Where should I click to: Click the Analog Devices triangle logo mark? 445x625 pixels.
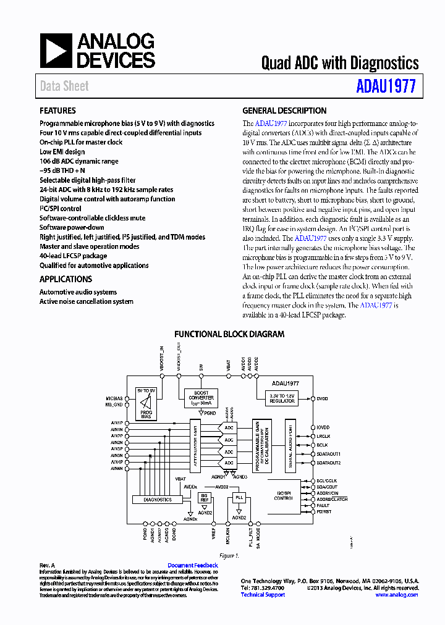coord(56,51)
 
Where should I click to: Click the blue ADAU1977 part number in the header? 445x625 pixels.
coord(386,86)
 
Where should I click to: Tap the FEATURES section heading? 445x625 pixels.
coord(58,111)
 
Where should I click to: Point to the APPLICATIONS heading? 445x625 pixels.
coord(66,279)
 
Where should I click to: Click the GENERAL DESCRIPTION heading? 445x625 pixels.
coord(284,111)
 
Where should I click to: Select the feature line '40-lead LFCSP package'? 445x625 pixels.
coord(73,256)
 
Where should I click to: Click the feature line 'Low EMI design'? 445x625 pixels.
coord(62,151)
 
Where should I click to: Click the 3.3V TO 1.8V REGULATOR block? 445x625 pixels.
coord(282,398)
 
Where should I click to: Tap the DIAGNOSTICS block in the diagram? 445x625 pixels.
coord(157,499)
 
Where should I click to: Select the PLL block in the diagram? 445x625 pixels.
coord(239,497)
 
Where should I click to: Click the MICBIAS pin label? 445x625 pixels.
coord(114,399)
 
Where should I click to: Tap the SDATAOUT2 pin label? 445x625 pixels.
coord(328,463)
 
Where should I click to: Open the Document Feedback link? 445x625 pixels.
coord(193,566)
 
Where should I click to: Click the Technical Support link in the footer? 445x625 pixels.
coord(263,595)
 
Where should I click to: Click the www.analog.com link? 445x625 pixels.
coord(396,595)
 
